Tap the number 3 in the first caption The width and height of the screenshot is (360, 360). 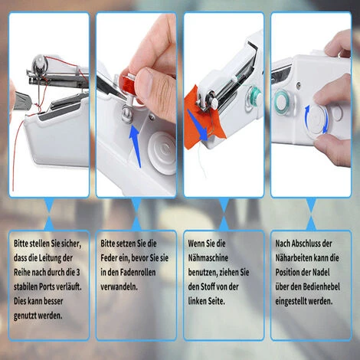(x=77, y=273)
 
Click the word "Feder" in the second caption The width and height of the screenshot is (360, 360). (x=109, y=258)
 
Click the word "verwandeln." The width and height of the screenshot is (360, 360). (x=119, y=286)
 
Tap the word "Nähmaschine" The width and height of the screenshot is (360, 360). (x=208, y=258)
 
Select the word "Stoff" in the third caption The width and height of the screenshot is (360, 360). (x=208, y=286)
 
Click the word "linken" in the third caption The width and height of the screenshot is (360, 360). (x=198, y=301)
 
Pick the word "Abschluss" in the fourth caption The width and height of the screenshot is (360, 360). (x=306, y=244)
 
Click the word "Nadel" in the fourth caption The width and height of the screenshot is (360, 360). (x=321, y=273)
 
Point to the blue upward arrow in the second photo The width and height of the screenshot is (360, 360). (x=136, y=146)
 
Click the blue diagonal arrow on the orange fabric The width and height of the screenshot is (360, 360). (x=198, y=125)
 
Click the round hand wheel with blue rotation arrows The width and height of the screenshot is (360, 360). (x=316, y=119)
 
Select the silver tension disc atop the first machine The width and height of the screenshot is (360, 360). (x=40, y=63)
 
